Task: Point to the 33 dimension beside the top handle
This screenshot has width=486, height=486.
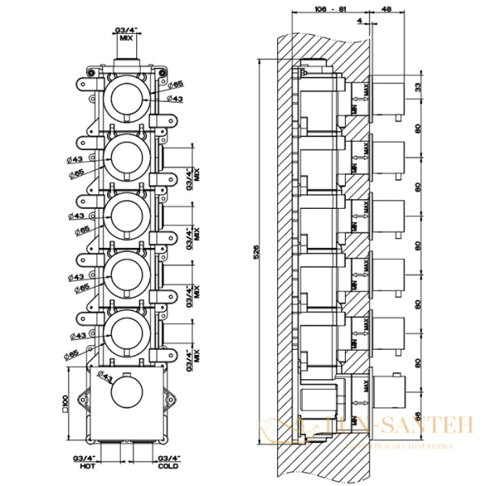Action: (x=418, y=87)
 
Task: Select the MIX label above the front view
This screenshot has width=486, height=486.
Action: (x=126, y=37)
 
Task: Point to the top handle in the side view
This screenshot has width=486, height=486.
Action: (x=387, y=96)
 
